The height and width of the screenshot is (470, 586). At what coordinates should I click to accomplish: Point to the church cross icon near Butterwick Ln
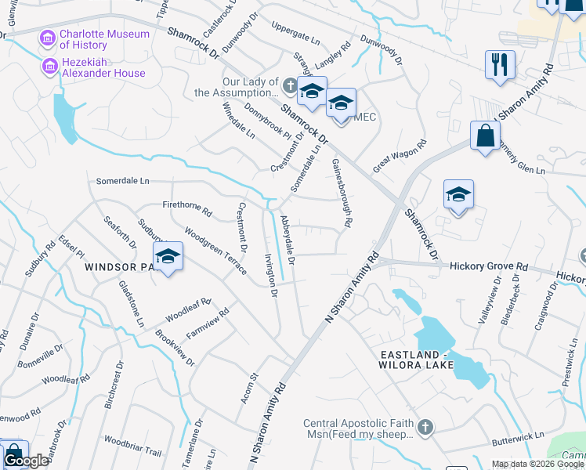[x=424, y=427]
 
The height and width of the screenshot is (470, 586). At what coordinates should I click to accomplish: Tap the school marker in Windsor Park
[x=168, y=256]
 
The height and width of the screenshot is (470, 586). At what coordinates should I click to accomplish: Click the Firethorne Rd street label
[x=186, y=210]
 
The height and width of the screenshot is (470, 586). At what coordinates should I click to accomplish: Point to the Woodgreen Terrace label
[x=215, y=251]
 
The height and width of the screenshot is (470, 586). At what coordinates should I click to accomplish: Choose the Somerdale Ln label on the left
[x=122, y=181]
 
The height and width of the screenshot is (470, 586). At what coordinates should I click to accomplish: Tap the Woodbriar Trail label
[x=132, y=446]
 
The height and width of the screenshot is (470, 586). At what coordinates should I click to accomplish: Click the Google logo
[x=26, y=461]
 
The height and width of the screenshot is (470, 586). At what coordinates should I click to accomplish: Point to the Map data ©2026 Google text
[x=537, y=464]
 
